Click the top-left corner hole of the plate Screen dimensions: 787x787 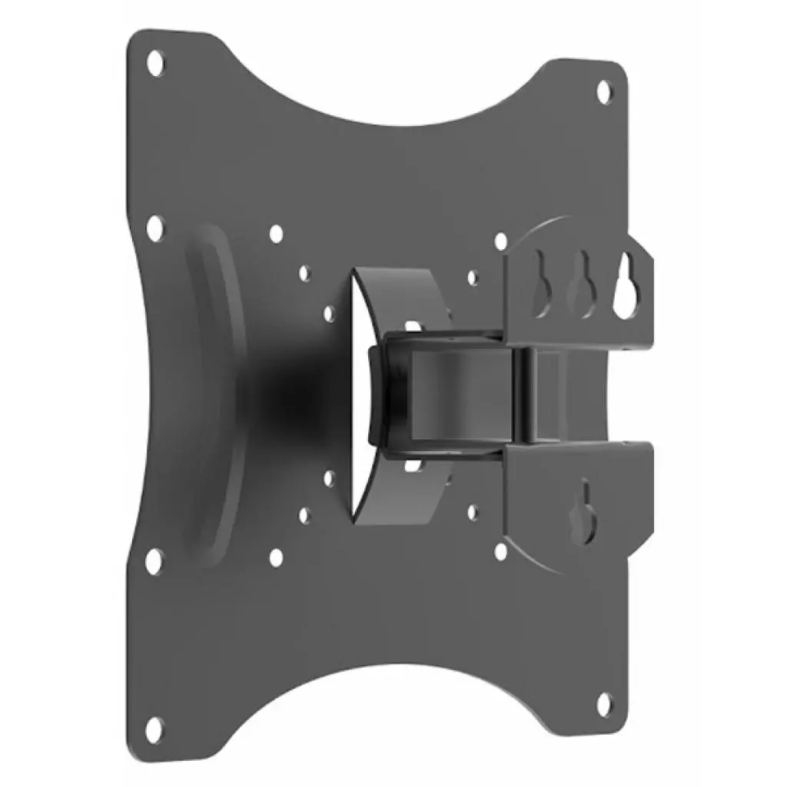click(156, 58)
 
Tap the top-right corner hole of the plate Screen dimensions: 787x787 click(604, 89)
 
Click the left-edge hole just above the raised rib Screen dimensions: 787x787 click(154, 226)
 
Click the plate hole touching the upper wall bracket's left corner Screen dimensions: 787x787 click(501, 241)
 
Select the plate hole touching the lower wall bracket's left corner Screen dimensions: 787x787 click(501, 550)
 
